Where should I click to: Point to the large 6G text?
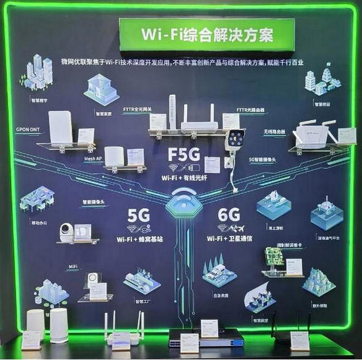(229, 214)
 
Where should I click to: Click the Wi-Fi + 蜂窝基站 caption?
(139, 239)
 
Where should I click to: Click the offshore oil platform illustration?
(326, 214)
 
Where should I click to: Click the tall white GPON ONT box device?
(60, 127)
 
